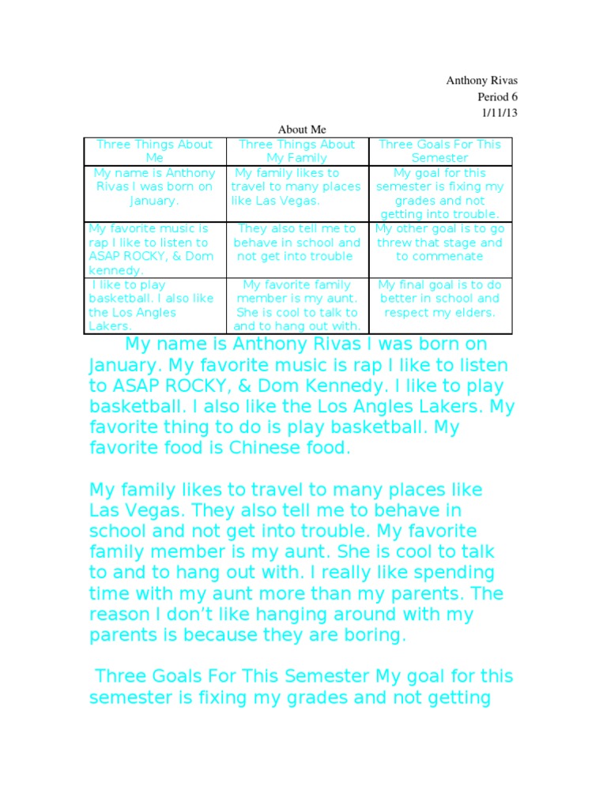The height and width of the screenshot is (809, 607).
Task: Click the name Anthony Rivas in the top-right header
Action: pyautogui.click(x=482, y=81)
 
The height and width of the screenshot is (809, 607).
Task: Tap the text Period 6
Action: pyautogui.click(x=497, y=96)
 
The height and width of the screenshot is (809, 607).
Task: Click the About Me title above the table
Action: pyautogui.click(x=301, y=129)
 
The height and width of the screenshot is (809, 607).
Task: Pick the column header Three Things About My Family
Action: pyautogui.click(x=296, y=151)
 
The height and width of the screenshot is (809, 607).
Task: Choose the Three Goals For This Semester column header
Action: pyautogui.click(x=439, y=151)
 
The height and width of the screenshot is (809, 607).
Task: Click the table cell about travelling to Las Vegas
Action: pyautogui.click(x=296, y=186)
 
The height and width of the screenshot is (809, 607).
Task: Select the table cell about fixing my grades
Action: pyautogui.click(x=439, y=194)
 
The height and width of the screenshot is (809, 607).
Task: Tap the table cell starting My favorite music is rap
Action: pyautogui.click(x=154, y=249)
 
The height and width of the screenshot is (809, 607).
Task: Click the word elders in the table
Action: pyautogui.click(x=474, y=312)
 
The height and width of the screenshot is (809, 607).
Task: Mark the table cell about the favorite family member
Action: pyautogui.click(x=296, y=305)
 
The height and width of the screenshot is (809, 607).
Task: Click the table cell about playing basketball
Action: pyautogui.click(x=154, y=305)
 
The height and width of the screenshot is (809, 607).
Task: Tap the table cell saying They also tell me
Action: pyautogui.click(x=296, y=243)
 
